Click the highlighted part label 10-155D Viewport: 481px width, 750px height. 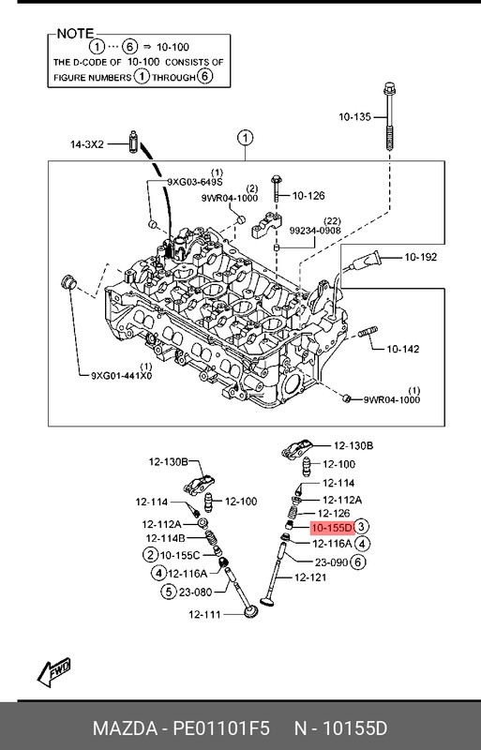tap(332, 528)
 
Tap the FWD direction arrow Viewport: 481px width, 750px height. tap(54, 672)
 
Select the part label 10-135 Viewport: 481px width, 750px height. tap(354, 116)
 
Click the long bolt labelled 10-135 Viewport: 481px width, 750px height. tap(389, 117)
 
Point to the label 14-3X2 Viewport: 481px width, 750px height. tap(86, 144)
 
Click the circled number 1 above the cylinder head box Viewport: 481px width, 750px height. tap(245, 139)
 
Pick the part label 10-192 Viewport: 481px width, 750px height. tap(421, 257)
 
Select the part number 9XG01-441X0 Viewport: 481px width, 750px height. tap(122, 376)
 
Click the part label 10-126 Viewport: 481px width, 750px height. tap(308, 196)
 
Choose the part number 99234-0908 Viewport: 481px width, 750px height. tap(315, 231)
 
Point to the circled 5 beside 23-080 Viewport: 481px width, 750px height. tap(169, 592)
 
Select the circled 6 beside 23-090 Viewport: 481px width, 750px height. tap(357, 562)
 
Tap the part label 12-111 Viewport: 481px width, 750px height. tap(204, 615)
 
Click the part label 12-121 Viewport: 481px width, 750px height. tap(310, 577)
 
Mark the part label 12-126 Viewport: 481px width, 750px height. tap(334, 514)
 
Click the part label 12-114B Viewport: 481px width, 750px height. tap(165, 538)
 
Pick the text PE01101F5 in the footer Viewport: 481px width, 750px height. tap(221, 728)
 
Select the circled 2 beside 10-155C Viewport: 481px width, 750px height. tap(150, 555)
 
